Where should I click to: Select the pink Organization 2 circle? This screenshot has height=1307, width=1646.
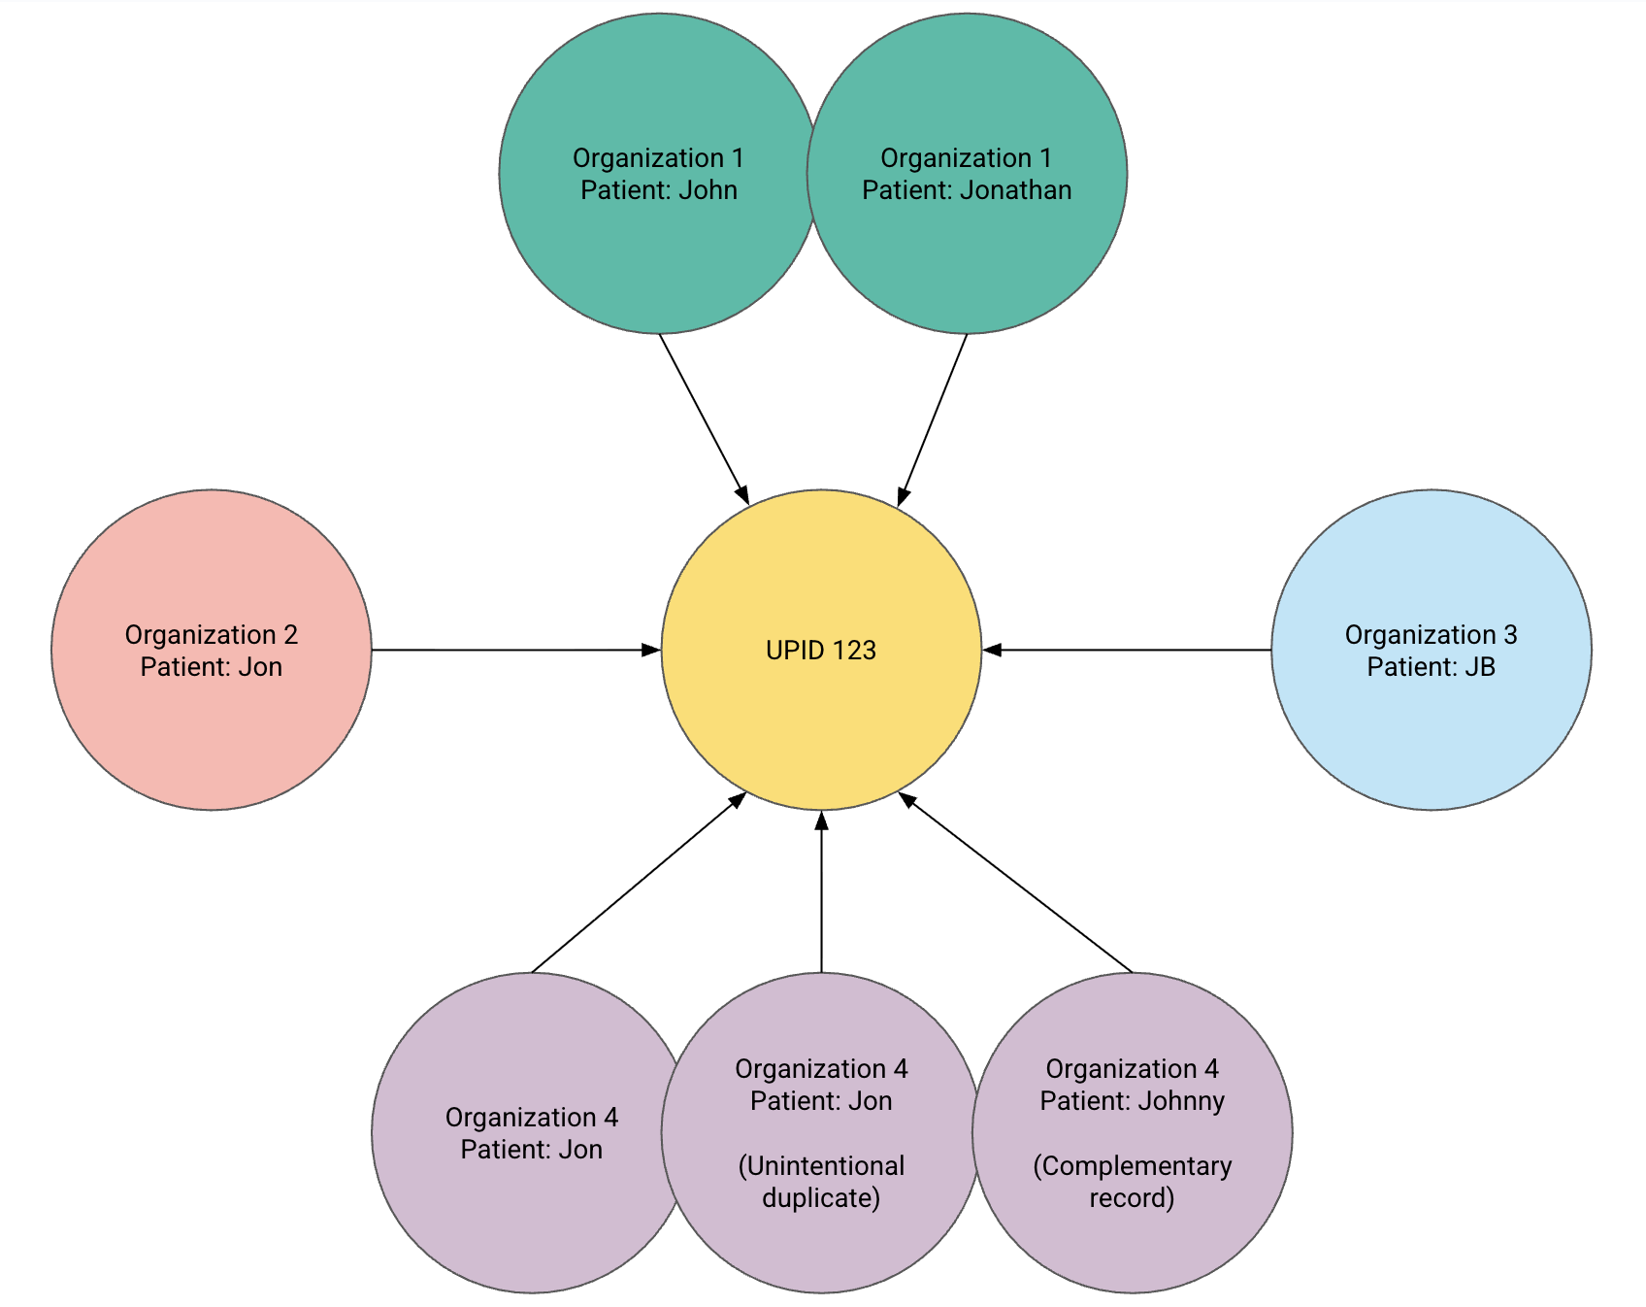pos(211,719)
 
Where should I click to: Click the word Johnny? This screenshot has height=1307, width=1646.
pos(1181,1101)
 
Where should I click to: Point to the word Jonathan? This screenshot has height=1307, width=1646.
pos(1015,190)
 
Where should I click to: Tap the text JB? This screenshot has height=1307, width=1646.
pos(1479,667)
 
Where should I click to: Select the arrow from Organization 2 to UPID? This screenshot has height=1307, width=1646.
pos(514,650)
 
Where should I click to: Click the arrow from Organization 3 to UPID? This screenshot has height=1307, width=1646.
pos(1126,650)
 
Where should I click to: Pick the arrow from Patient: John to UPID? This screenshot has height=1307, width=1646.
pos(704,418)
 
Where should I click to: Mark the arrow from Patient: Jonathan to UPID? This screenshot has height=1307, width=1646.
pos(933,418)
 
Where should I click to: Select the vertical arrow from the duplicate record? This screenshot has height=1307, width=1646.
pos(821,893)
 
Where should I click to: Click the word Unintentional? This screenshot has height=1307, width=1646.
pos(821,1166)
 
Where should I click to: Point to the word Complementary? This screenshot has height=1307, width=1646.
pos(1132,1166)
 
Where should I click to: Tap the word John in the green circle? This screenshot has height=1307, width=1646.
pos(708,190)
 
